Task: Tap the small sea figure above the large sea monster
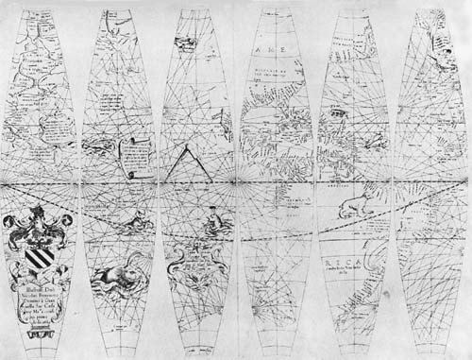[119, 228]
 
